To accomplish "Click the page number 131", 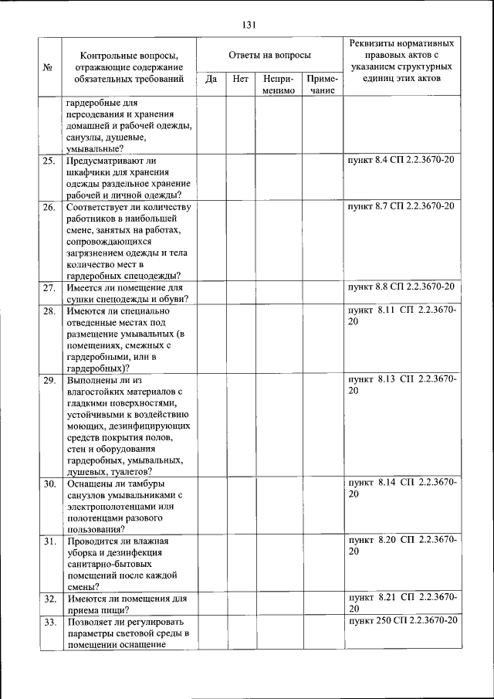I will [248, 25].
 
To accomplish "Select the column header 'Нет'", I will [240, 79].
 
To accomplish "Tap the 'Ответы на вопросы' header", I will [270, 56].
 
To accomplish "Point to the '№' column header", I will [48, 67].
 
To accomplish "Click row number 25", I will [49, 161].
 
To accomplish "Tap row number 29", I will [49, 381].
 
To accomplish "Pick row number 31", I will [49, 541].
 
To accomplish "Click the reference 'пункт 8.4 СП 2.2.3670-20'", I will [401, 161].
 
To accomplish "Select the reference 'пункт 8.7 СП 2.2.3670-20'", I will [401, 206].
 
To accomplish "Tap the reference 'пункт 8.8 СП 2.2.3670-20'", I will [401, 287].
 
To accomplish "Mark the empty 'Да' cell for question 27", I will [211, 294].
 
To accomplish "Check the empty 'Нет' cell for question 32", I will [240, 603].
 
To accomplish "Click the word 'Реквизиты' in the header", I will [374, 43].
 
